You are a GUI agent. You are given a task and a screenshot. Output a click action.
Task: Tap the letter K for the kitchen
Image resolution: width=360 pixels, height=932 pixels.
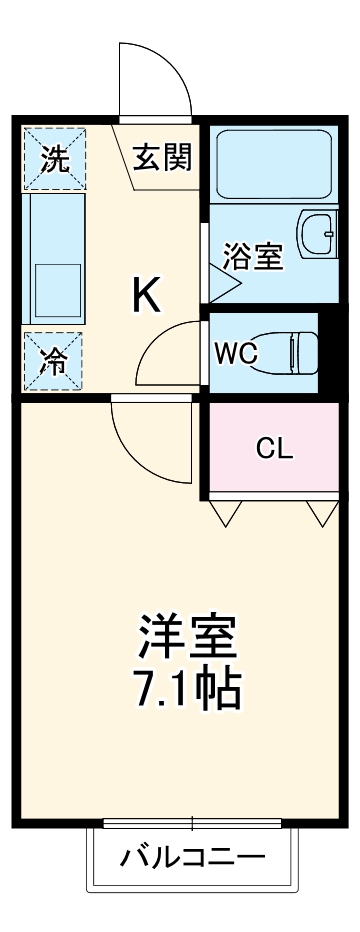pos(147,293)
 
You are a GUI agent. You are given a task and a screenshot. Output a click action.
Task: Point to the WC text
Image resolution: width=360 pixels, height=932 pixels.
pos(237,352)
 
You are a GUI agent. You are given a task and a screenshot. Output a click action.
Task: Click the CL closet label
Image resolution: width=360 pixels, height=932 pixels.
pos(274,448)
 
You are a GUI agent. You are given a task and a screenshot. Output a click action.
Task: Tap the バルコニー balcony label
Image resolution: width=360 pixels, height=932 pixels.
pos(194,857)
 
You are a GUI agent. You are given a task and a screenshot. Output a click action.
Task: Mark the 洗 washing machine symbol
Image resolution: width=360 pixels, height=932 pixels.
pos(55,158)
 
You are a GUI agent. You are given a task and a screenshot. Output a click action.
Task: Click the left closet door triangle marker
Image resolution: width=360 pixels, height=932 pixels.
pos(227,513)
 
